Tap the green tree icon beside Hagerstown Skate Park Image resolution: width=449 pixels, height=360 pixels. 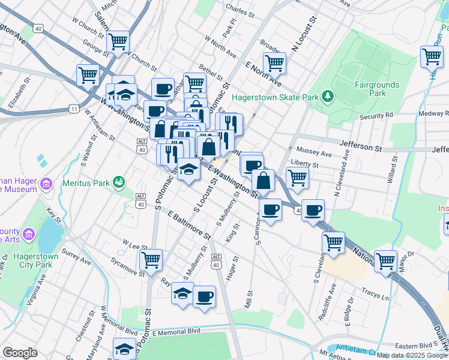pyautogui.click(x=327, y=96)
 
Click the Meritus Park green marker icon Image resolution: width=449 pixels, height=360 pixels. pyautogui.click(x=119, y=181)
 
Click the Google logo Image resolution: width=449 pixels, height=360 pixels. pyautogui.click(x=20, y=352)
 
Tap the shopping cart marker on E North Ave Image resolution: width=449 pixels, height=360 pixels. pyautogui.click(x=274, y=62)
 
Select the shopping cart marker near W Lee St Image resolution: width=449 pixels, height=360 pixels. pyautogui.click(x=151, y=260)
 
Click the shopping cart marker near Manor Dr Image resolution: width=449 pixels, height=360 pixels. pyautogui.click(x=385, y=261)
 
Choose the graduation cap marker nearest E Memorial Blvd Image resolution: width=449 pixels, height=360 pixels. pyautogui.click(x=124, y=349)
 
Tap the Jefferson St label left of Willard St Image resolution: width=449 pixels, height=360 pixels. pyautogui.click(x=361, y=145)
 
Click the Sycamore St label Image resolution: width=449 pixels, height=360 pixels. pyautogui.click(x=128, y=268)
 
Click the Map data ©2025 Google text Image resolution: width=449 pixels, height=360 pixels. pyautogui.click(x=411, y=355)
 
